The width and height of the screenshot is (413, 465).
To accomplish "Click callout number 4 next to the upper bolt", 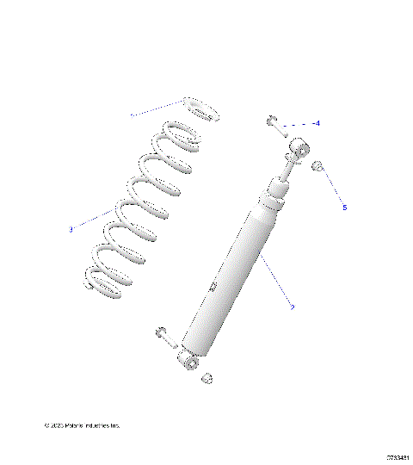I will coord(317,124).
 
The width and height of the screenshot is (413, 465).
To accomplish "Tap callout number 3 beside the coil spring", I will coord(71,229).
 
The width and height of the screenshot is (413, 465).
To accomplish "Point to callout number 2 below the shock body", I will coord(293,307).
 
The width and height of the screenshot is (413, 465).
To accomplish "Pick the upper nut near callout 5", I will coord(317,166).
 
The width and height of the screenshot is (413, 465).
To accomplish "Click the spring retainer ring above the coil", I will coord(200,109).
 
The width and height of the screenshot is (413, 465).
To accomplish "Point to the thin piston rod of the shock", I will coord(287,169).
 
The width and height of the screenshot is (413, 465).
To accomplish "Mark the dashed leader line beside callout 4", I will coord(297,124).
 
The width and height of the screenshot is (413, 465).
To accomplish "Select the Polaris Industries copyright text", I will coord(83,425).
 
